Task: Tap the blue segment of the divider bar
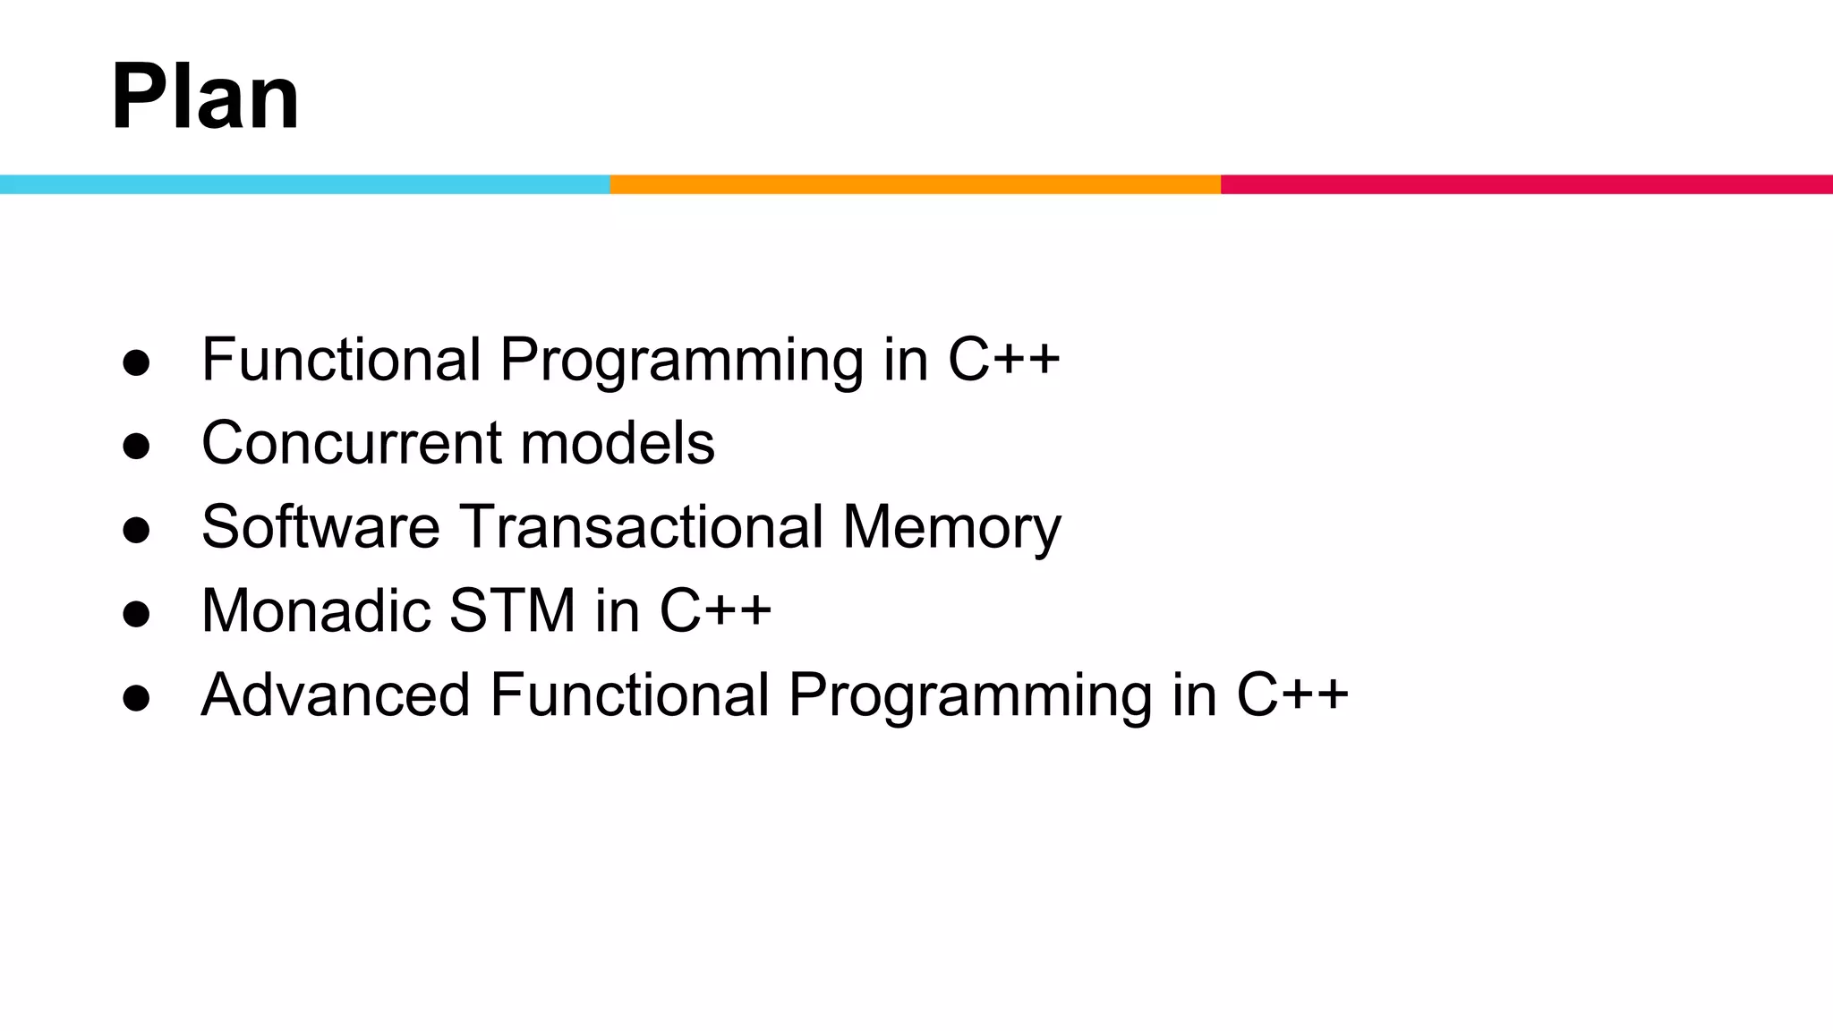click(x=304, y=184)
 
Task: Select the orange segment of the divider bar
click(x=915, y=184)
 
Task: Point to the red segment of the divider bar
click(x=1526, y=184)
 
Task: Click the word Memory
click(x=951, y=528)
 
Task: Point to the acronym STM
click(x=511, y=610)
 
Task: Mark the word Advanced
click(x=336, y=694)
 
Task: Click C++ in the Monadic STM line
click(x=715, y=610)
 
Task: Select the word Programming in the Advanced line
click(x=970, y=696)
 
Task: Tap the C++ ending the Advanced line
click(x=1292, y=694)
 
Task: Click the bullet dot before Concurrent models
click(x=136, y=446)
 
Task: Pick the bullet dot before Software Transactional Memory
click(x=136, y=530)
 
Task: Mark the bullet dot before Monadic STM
click(x=136, y=614)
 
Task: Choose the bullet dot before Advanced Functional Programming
click(x=136, y=698)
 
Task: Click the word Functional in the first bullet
click(x=342, y=360)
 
